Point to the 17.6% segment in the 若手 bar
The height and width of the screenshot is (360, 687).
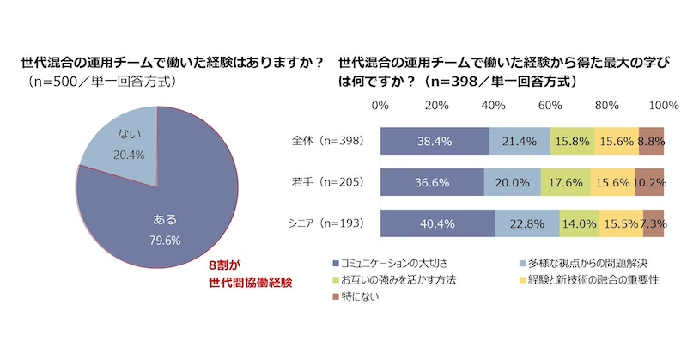click(565, 181)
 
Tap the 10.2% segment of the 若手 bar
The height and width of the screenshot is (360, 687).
click(650, 181)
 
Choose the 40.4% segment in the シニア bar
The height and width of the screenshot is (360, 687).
click(436, 223)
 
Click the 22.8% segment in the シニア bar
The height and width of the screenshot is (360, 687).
click(526, 223)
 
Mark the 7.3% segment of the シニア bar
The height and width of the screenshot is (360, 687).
click(654, 223)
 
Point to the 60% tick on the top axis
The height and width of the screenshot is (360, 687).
click(550, 106)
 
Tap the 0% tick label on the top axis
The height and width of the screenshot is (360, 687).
click(379, 106)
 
